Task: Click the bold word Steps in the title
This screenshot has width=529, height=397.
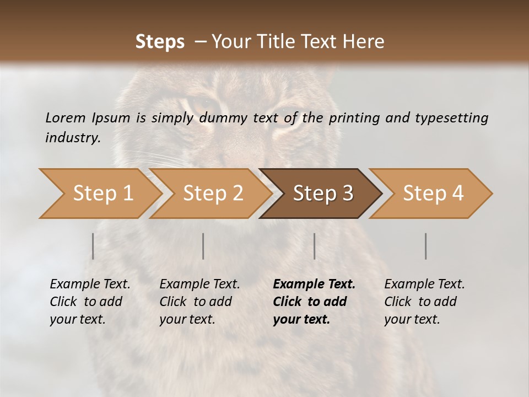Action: coord(160,42)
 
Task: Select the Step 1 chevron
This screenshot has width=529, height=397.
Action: coord(99,194)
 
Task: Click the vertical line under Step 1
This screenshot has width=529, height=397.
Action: coord(93,246)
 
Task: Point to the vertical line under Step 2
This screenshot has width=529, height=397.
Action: coord(203,246)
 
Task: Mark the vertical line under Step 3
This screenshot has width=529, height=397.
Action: coord(314,246)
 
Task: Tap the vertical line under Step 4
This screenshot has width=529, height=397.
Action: coord(425,246)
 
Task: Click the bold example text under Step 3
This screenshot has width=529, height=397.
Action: coord(314,302)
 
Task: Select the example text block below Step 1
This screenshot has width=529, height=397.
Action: coord(90,302)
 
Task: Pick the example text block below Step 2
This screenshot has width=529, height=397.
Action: coord(199,302)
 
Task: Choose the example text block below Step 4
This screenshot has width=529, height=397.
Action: coord(424,302)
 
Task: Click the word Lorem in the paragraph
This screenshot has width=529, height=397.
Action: coord(65,117)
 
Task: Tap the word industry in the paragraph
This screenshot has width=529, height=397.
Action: coord(73,138)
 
